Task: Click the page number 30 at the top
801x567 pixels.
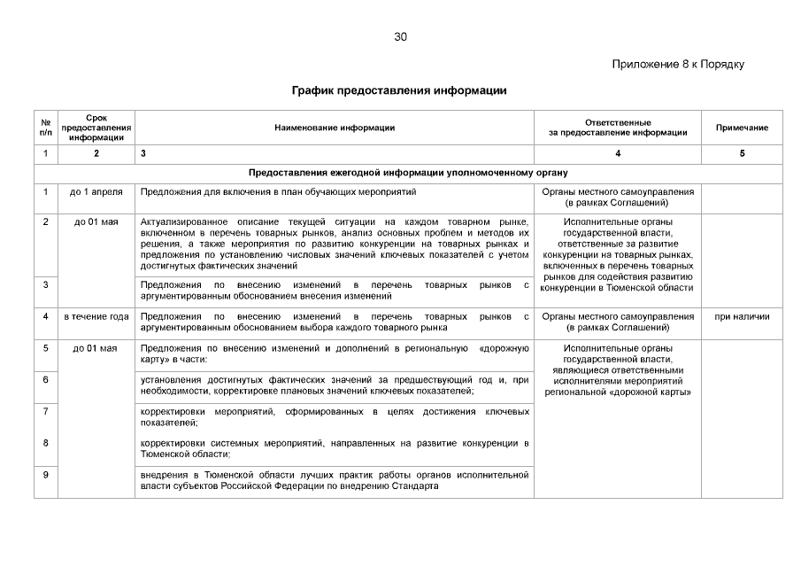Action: click(400, 37)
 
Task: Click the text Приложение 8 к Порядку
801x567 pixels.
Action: click(678, 65)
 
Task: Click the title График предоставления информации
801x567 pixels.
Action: click(399, 90)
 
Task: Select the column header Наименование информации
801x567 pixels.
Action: click(335, 128)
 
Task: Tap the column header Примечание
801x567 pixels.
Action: click(742, 128)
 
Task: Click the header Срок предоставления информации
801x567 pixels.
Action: click(96, 128)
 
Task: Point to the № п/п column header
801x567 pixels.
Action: click(45, 128)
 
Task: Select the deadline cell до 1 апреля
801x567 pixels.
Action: click(96, 191)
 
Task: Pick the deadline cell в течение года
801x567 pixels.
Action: click(96, 316)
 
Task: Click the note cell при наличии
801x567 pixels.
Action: click(742, 316)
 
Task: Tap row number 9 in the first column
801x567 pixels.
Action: click(45, 475)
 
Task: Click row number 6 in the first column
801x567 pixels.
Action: click(45, 379)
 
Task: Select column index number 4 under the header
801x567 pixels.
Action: click(618, 154)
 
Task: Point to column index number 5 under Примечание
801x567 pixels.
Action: click(742, 154)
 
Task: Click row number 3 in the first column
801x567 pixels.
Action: click(45, 284)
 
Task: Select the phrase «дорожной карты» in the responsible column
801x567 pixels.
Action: click(653, 392)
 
